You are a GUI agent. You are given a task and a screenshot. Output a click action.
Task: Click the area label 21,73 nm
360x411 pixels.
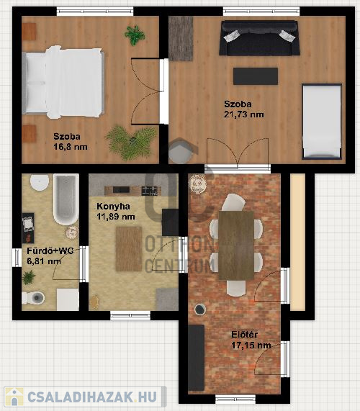point(244,114)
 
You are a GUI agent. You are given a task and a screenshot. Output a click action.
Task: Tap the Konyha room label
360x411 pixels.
point(113,207)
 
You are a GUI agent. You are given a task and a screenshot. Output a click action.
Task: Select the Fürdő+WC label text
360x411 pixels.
point(50,250)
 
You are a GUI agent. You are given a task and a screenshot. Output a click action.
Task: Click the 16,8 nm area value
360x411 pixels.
point(71,147)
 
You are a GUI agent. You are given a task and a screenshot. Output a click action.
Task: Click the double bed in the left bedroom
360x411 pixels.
point(63,82)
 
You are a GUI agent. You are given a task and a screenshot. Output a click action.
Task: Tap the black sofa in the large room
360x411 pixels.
point(259,38)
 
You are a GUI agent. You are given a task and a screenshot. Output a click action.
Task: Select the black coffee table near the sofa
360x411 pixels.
point(256,76)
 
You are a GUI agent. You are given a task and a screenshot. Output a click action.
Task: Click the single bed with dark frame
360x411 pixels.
point(322,122)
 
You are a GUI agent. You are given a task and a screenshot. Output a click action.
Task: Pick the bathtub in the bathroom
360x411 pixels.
point(66,199)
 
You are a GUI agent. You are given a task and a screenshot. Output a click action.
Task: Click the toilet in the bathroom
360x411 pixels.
point(33,297)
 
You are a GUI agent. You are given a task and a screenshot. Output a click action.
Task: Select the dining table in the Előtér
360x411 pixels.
point(236,245)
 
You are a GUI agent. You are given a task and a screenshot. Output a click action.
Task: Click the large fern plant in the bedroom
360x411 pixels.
point(131,143)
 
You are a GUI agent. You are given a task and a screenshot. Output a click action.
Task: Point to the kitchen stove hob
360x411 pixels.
point(150,191)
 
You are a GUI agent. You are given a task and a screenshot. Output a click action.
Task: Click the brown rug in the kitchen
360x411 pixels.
point(129,249)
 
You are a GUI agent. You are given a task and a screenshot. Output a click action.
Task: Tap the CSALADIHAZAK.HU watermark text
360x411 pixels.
point(91,397)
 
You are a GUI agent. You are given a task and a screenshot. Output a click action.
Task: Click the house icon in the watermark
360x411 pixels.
point(14,397)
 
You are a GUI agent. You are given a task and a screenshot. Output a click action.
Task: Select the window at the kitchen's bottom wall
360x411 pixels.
point(130,315)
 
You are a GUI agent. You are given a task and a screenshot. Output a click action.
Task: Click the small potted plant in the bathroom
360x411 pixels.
point(29,277)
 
